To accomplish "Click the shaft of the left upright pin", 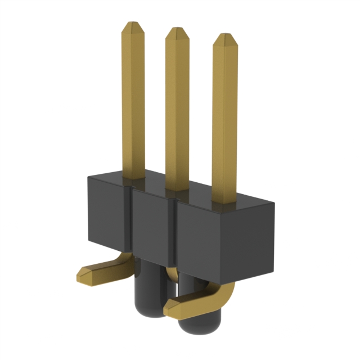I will (133, 101).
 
